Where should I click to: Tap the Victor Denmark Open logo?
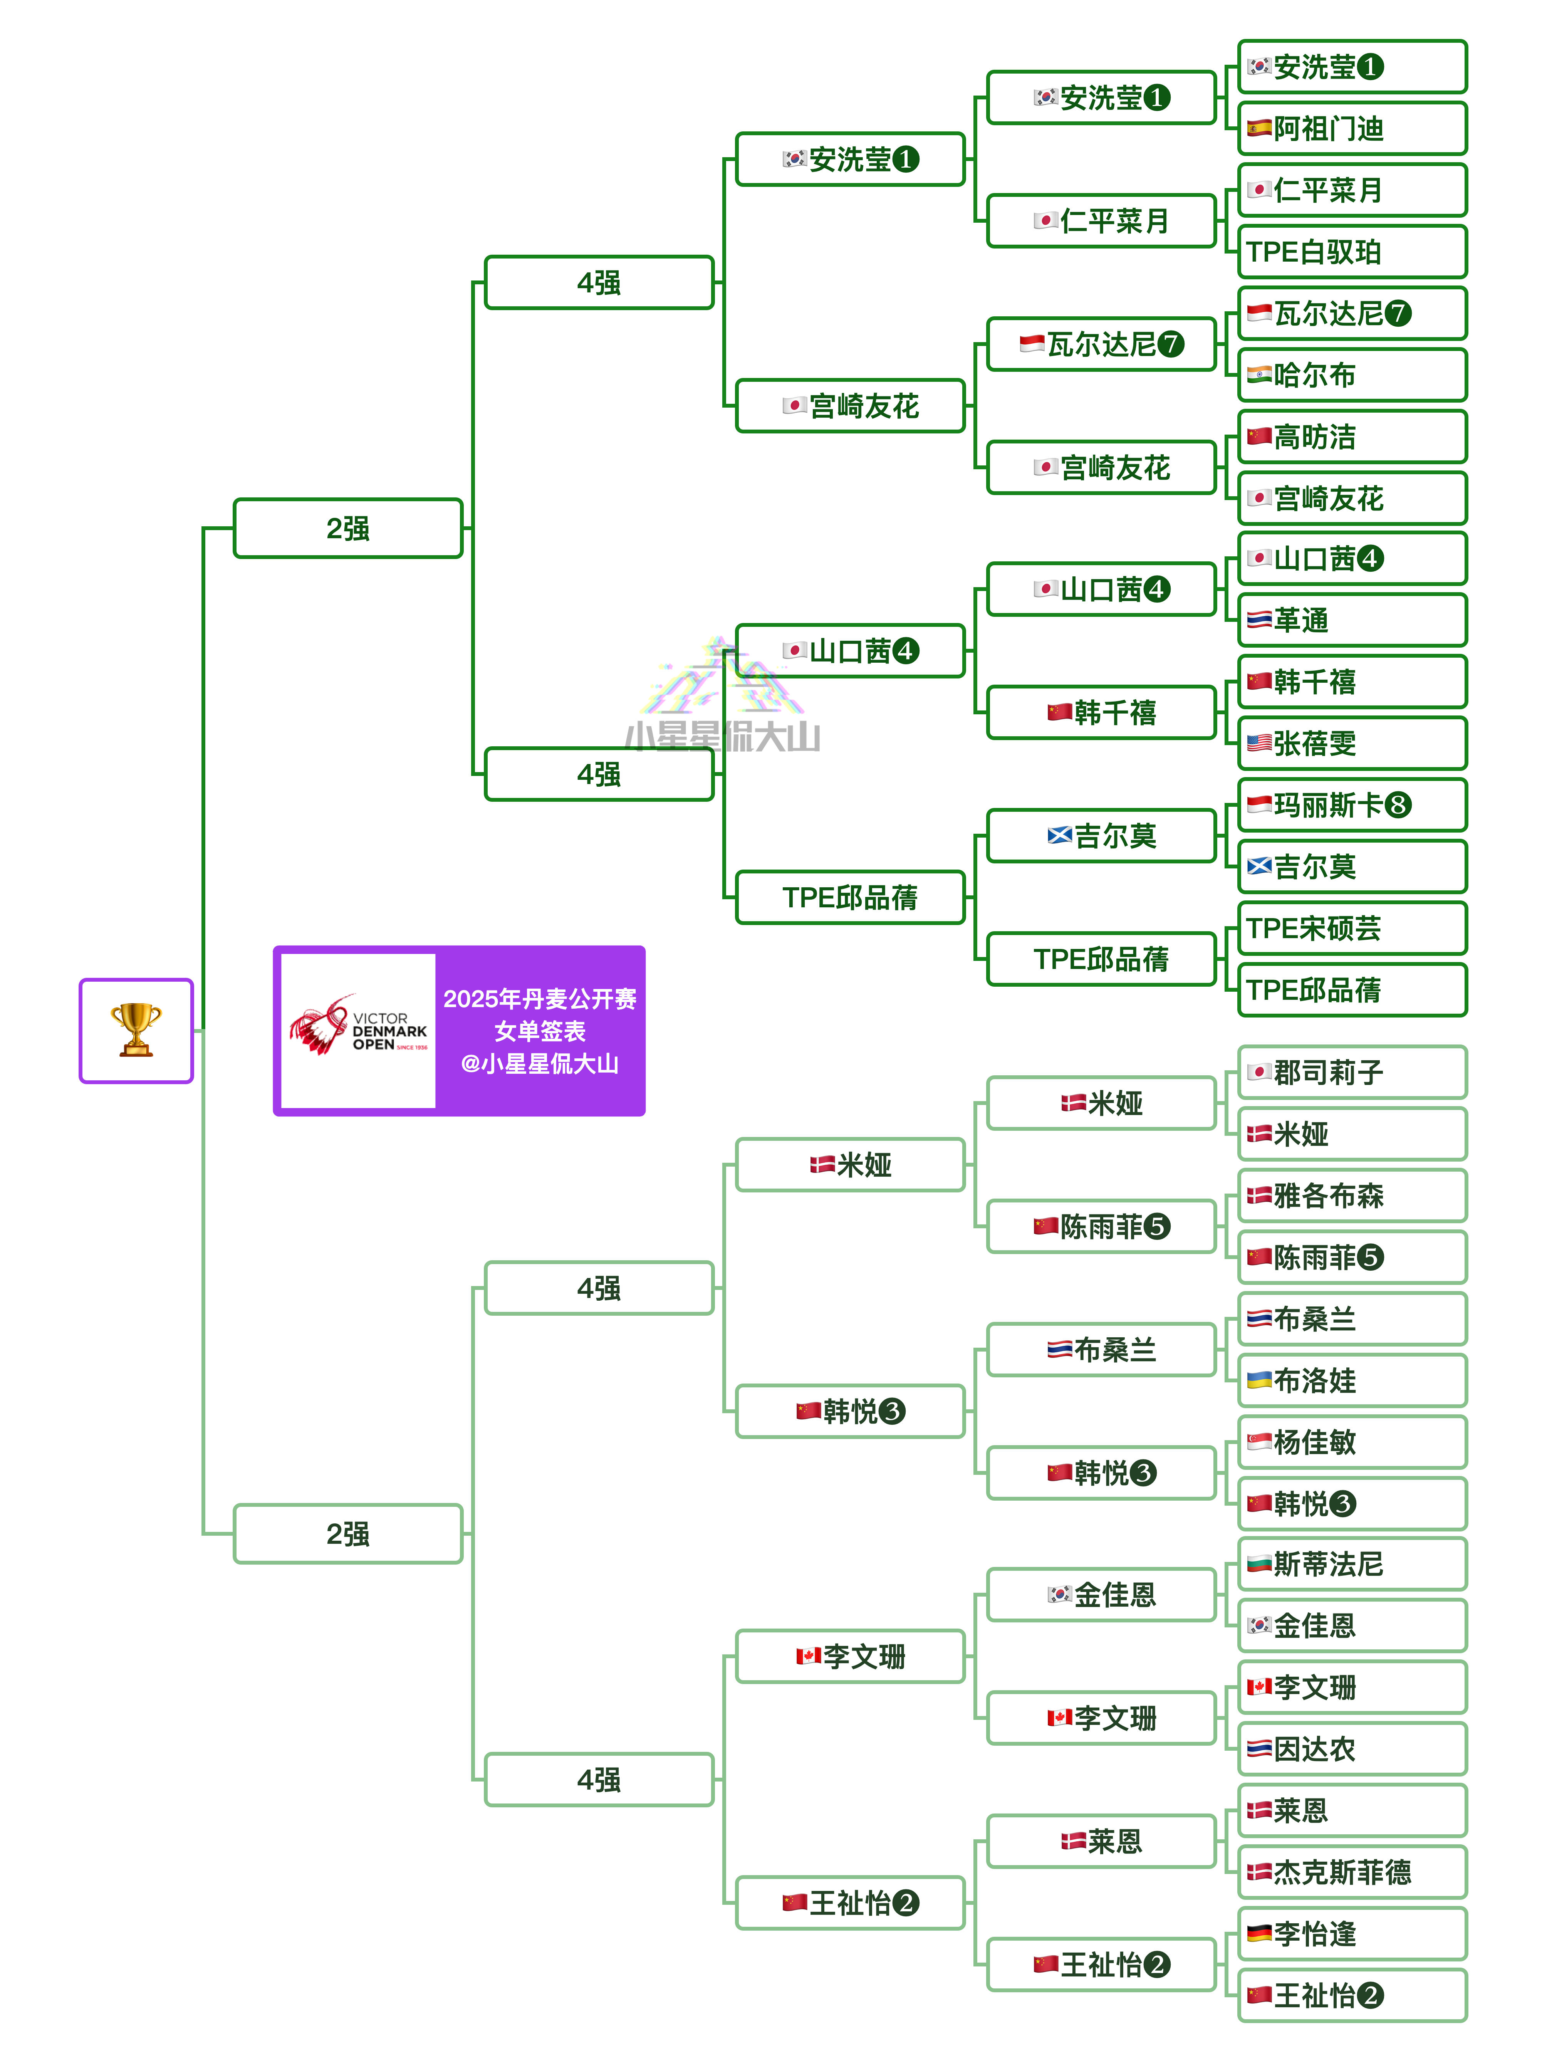click(x=358, y=1030)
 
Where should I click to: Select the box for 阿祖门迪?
click(x=1352, y=129)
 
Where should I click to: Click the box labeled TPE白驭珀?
click(x=1352, y=252)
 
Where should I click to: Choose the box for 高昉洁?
click(x=1352, y=436)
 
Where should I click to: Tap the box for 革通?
click(x=1352, y=620)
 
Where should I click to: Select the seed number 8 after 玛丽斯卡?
click(x=1398, y=804)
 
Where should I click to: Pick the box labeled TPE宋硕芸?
click(x=1352, y=927)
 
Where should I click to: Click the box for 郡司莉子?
click(x=1352, y=1072)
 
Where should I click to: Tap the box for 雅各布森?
click(x=1352, y=1195)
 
